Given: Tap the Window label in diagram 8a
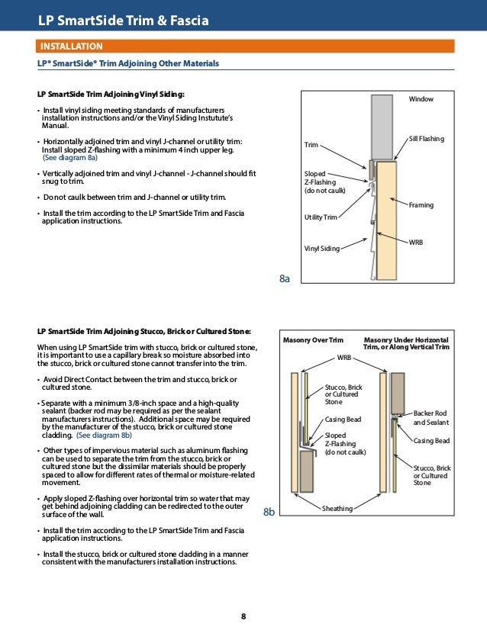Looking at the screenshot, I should pyautogui.click(x=421, y=100).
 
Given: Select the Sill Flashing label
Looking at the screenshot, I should pyautogui.click(x=426, y=139).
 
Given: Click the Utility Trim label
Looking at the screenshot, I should pyautogui.click(x=321, y=218).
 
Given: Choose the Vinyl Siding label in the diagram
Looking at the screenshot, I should pyautogui.click(x=321, y=248).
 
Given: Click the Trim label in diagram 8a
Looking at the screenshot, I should pyautogui.click(x=311, y=145).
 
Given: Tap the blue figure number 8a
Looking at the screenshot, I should pyautogui.click(x=285, y=280).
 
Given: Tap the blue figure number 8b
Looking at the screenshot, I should pyautogui.click(x=269, y=513).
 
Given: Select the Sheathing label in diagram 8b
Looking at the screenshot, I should pyautogui.click(x=337, y=509).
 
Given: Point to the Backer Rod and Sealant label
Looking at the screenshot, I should pyautogui.click(x=431, y=417).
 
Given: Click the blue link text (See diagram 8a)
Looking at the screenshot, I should pyautogui.click(x=69, y=159).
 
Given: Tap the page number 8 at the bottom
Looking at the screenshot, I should pyautogui.click(x=243, y=616).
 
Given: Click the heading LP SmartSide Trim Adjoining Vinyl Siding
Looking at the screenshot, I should pyautogui.click(x=111, y=94).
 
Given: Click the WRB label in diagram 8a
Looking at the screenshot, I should pyautogui.click(x=416, y=242).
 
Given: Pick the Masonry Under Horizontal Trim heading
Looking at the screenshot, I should pyautogui.click(x=406, y=343).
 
